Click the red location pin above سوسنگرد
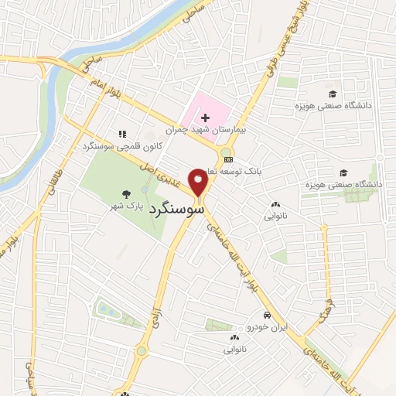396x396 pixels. point(199,182)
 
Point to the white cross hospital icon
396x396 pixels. point(204,118)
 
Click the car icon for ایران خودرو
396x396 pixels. point(266,316)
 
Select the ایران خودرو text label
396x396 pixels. point(266,328)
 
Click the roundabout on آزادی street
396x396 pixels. point(142,350)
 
